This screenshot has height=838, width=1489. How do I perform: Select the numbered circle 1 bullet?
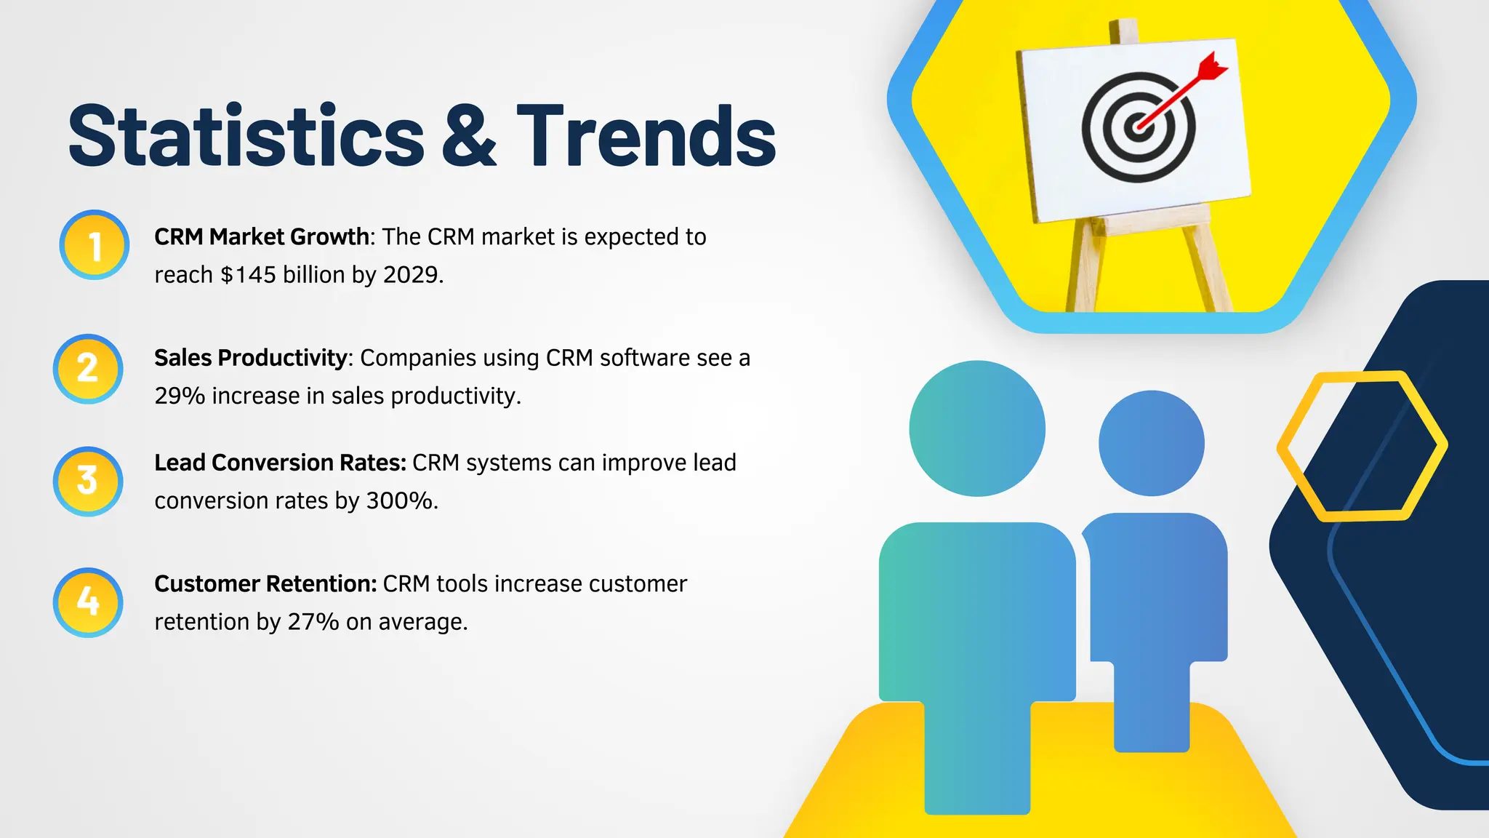coord(95,246)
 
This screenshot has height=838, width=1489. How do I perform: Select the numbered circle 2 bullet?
coord(88,369)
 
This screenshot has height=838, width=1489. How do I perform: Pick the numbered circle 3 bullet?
coord(88,482)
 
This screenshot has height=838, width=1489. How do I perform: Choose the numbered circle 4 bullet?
coord(88,602)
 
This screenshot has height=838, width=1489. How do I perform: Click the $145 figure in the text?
coord(248,275)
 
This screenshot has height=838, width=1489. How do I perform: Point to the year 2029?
coord(411,275)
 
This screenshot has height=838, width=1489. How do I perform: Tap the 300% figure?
coord(400,501)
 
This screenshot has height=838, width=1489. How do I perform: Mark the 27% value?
coord(313,623)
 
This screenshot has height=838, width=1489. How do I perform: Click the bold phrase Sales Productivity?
coord(251,358)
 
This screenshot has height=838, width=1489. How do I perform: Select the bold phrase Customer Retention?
coord(265,584)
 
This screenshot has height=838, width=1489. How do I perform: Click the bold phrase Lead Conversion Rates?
coord(280,463)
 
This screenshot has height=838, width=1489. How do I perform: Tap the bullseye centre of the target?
coord(1137,128)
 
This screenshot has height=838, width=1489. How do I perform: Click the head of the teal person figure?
coord(976,428)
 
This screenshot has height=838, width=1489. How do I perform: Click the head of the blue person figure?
coord(1151,443)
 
